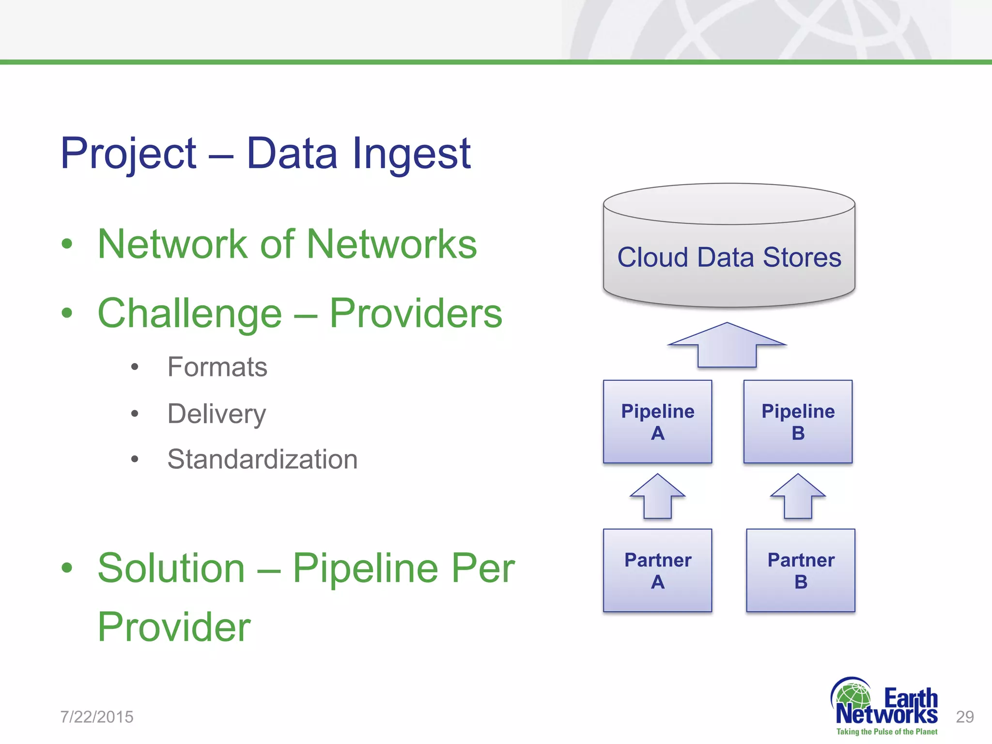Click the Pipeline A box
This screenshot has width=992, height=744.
(657, 421)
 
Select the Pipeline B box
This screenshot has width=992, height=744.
(798, 421)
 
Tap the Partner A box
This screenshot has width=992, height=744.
(657, 570)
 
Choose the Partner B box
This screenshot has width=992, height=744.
(800, 570)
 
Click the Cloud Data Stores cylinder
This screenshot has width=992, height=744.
(729, 257)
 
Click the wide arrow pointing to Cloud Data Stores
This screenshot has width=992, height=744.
(727, 346)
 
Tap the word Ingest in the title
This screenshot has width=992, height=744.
(412, 154)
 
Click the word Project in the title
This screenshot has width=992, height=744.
(128, 154)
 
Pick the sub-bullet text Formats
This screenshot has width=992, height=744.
(217, 367)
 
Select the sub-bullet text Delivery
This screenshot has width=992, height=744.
(217, 414)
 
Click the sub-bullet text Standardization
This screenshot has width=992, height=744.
(262, 459)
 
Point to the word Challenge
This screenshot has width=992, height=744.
(189, 314)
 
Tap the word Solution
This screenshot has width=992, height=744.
(171, 568)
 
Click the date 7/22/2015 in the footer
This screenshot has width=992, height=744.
(97, 717)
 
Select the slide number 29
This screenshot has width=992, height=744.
(964, 717)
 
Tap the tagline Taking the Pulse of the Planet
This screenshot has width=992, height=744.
(886, 732)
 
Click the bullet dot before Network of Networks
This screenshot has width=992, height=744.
(67, 244)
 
